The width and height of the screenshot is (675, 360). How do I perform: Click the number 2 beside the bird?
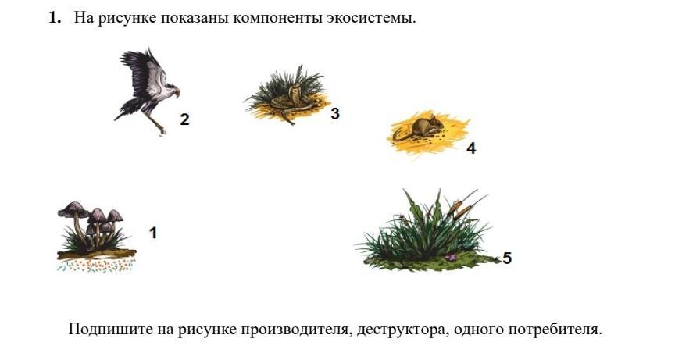click(x=184, y=119)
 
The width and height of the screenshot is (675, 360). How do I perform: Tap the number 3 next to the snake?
click(x=335, y=113)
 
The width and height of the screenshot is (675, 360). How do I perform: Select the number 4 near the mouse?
click(x=471, y=148)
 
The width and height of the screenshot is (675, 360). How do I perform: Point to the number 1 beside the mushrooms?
click(x=153, y=233)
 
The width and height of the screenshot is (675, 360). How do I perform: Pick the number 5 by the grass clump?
click(x=507, y=258)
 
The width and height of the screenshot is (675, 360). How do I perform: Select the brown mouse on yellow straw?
click(x=420, y=129)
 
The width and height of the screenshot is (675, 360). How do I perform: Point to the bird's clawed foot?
click(x=162, y=130)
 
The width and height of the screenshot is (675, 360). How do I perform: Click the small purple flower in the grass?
click(x=450, y=257)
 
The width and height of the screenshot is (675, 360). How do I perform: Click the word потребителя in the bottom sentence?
click(x=555, y=330)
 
